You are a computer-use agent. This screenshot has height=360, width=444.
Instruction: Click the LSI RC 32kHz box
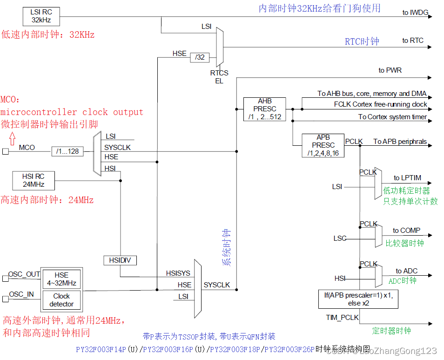click(41, 16)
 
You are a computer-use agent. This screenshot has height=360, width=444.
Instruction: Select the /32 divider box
click(200, 57)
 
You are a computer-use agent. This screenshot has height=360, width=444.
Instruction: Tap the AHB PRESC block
click(265, 109)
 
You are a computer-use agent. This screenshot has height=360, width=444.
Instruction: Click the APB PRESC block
click(323, 145)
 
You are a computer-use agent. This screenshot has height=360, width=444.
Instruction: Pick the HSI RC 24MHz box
click(34, 180)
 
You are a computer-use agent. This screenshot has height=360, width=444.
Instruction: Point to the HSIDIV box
click(120, 260)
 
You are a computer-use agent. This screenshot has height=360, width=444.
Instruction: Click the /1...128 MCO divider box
click(68, 151)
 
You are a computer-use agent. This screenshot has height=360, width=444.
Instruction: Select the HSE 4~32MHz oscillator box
click(61, 279)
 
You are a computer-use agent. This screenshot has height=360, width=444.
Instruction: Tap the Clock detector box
click(61, 300)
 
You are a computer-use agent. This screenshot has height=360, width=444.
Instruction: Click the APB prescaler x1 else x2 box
click(358, 299)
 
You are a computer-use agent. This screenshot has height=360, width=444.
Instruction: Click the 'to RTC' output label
click(413, 41)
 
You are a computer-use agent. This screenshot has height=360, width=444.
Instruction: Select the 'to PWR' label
click(390, 70)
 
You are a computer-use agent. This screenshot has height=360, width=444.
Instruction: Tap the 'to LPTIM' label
click(407, 178)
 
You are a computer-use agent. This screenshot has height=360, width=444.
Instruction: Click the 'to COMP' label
click(406, 230)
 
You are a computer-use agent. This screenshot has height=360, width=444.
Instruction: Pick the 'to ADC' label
click(407, 271)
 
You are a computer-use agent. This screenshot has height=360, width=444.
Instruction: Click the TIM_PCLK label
click(342, 317)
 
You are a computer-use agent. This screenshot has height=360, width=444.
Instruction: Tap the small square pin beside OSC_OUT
click(5, 278)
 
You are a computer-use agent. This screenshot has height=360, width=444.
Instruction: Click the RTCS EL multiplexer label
click(219, 77)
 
